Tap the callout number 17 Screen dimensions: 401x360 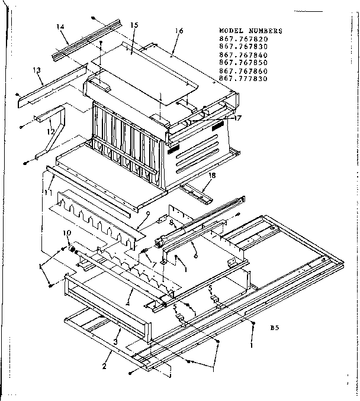[x=238, y=118]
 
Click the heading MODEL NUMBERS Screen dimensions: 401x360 [x=250, y=31]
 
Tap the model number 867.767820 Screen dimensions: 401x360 [x=243, y=39]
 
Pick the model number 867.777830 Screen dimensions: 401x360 [x=243, y=78]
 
